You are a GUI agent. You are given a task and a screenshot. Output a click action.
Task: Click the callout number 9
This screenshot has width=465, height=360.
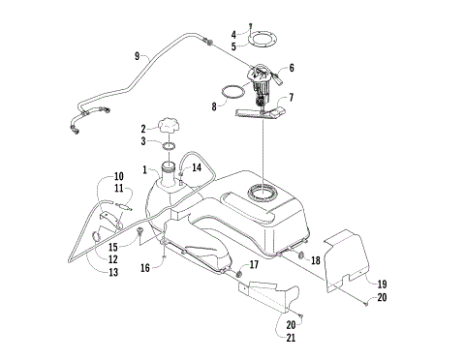[x=137, y=55]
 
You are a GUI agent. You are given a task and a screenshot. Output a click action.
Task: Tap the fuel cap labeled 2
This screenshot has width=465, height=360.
[x=170, y=127]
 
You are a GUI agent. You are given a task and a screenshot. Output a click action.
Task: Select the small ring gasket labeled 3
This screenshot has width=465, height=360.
[x=169, y=147]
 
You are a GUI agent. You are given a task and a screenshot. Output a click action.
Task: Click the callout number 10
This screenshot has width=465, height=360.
[x=118, y=177]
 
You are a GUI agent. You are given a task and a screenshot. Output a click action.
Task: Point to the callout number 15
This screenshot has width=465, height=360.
[x=112, y=248]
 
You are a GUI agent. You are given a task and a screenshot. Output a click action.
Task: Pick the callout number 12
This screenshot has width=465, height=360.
[x=112, y=259]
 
